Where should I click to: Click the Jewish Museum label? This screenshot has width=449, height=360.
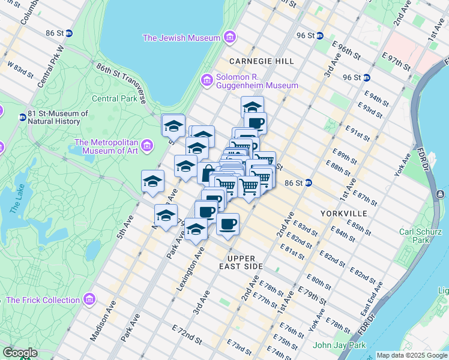coord(181,38)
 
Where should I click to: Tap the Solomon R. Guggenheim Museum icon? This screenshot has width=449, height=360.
coord(207,80)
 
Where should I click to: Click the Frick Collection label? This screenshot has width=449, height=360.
coord(43,300)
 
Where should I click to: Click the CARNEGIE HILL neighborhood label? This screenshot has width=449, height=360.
coord(262,61)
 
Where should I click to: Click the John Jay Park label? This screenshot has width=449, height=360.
coord(339,345)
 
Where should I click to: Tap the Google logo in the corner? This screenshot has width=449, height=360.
coord(20,353)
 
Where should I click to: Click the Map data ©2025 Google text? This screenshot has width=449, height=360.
coord(411,355)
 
